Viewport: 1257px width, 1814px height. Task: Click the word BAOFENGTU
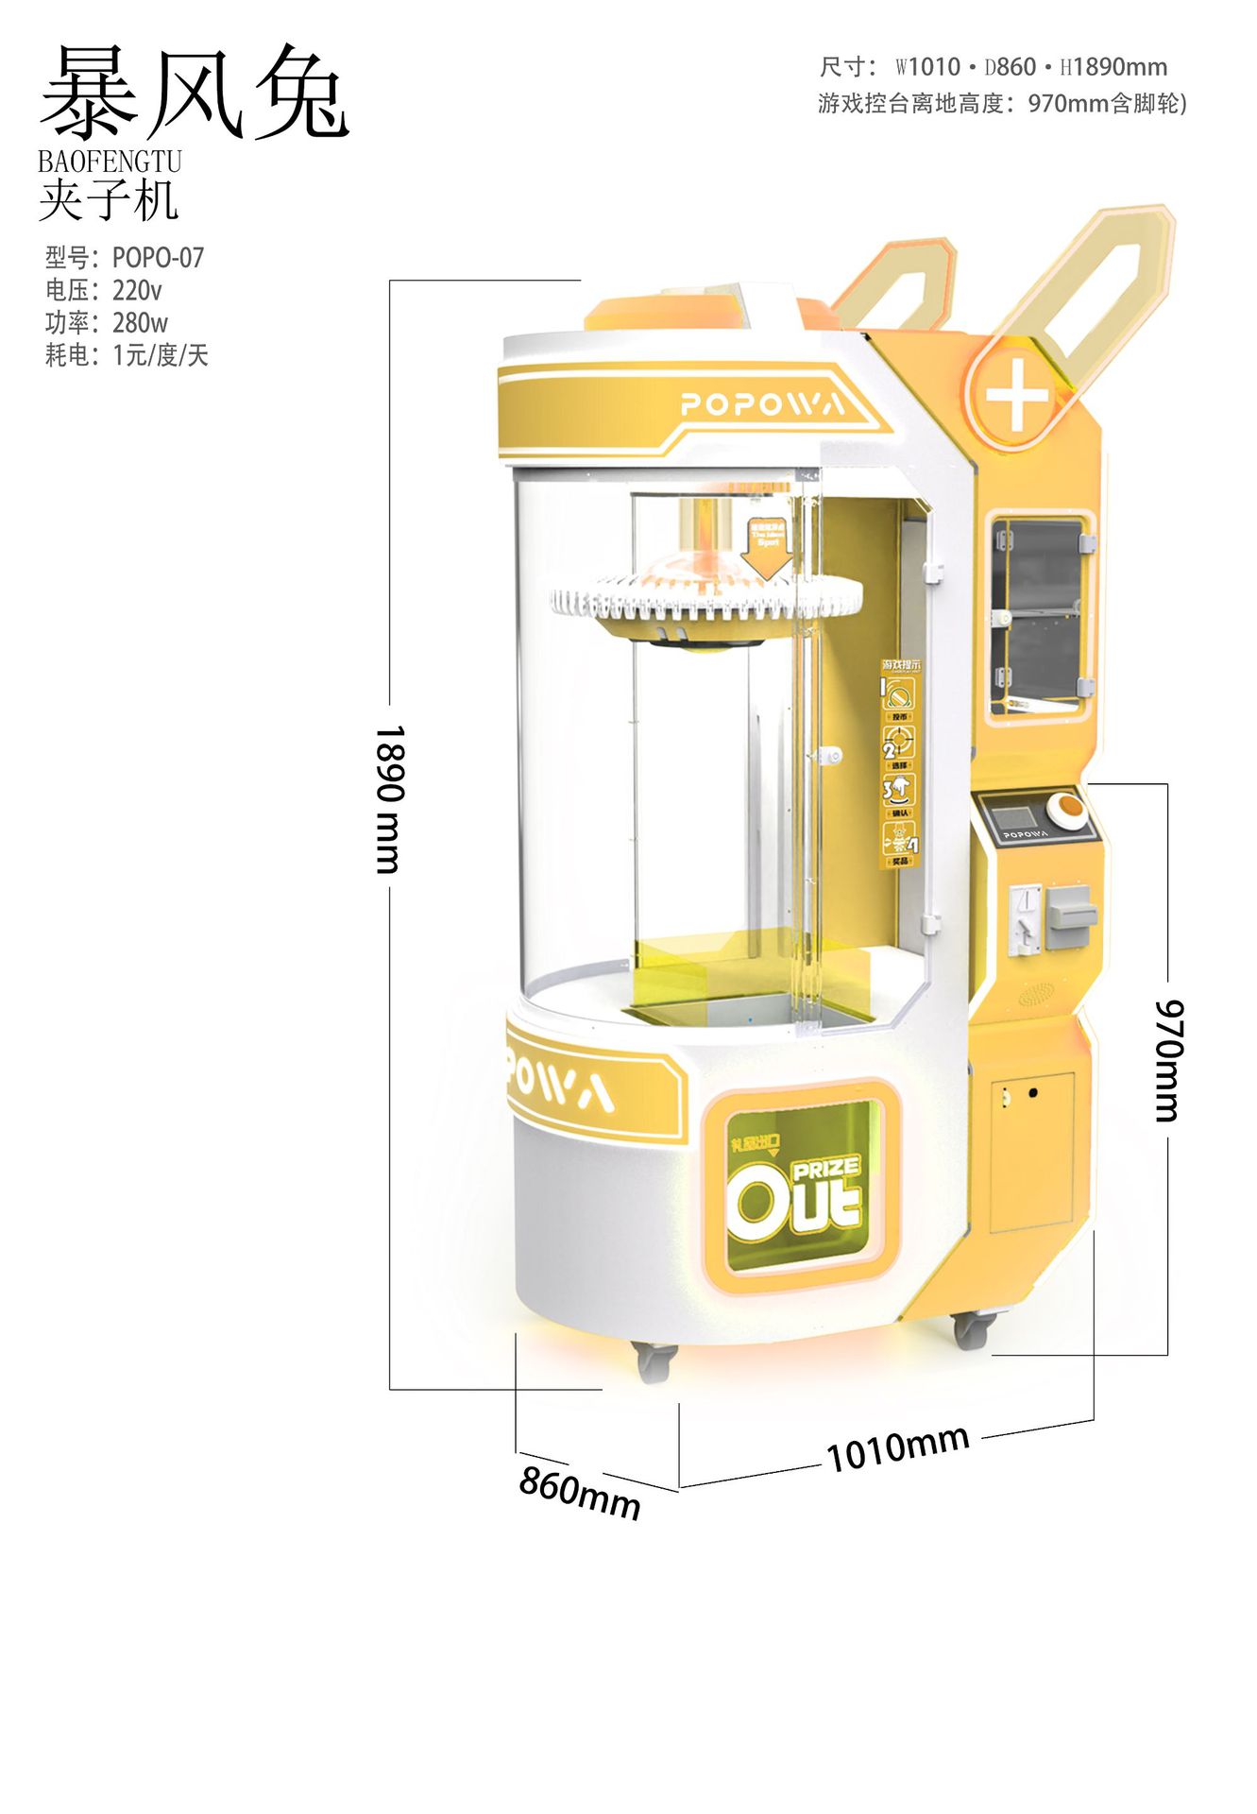click(110, 162)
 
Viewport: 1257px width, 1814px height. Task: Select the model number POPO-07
click(158, 258)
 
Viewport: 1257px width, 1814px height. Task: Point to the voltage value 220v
click(137, 290)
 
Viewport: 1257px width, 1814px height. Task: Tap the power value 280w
click(140, 323)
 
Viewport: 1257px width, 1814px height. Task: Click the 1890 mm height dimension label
click(388, 799)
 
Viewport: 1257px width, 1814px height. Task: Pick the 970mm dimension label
click(1167, 1060)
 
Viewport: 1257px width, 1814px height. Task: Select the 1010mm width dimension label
click(898, 1447)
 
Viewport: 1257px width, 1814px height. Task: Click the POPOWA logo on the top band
click(761, 404)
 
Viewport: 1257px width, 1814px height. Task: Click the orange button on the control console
click(1069, 808)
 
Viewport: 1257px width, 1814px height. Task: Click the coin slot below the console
click(1024, 918)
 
